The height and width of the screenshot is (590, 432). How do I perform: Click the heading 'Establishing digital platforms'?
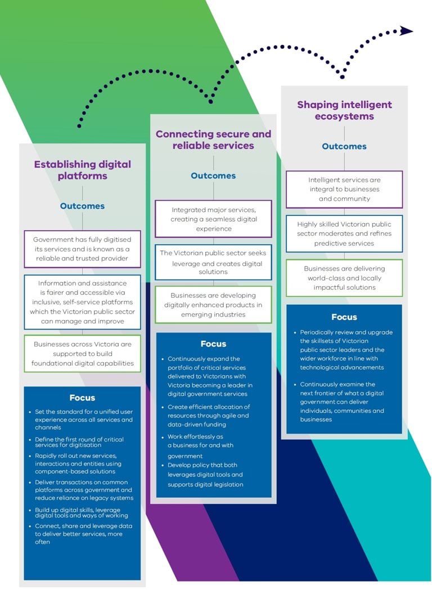(82, 170)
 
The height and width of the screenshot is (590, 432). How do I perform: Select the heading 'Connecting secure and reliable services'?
(213, 139)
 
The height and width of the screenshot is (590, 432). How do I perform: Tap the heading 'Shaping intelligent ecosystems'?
(344, 110)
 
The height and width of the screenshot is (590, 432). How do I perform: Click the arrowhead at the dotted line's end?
(406, 31)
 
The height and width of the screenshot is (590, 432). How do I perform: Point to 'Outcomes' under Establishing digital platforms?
(82, 206)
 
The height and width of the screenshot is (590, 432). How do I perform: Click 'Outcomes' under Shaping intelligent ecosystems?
(344, 146)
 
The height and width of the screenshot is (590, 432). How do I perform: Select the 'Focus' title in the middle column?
(213, 344)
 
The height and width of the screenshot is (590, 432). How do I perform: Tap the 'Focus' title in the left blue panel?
(82, 398)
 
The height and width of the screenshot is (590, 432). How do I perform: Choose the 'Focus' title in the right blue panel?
(344, 317)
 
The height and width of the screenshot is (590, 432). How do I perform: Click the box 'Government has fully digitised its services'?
(82, 249)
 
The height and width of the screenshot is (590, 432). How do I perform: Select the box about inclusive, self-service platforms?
(82, 302)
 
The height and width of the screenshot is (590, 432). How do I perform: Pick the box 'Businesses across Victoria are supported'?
(82, 353)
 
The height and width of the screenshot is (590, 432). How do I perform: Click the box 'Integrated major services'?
(213, 219)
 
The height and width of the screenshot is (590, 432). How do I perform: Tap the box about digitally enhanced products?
(213, 304)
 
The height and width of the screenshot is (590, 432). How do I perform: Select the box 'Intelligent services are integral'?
(344, 189)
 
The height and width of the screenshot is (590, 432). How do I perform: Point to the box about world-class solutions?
(344, 278)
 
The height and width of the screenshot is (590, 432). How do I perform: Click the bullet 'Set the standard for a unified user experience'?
(83, 416)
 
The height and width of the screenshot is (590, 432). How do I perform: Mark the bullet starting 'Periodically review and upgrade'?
(346, 349)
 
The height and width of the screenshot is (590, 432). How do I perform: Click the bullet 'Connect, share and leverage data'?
(83, 534)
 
